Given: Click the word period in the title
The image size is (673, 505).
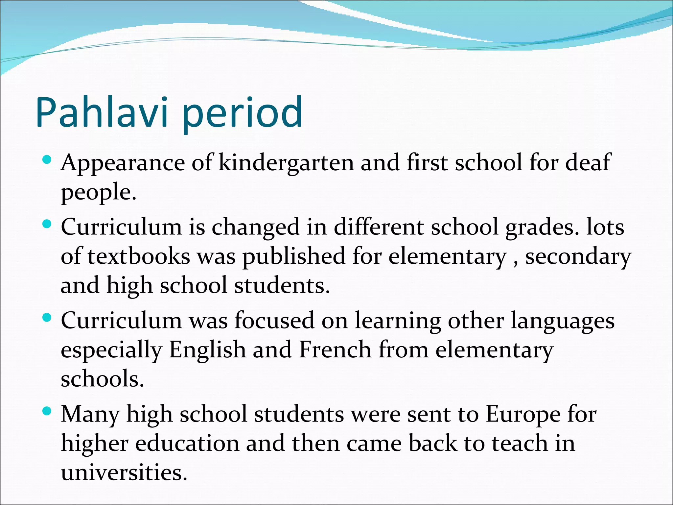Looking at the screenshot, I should (242, 113).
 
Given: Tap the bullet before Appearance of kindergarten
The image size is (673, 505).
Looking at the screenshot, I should (47, 160).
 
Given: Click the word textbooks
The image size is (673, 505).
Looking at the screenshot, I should (139, 256).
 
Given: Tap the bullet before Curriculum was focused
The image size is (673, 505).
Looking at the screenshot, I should (47, 318).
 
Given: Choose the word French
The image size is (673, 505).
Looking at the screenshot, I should (335, 349).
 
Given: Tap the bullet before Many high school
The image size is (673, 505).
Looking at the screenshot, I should (47, 411).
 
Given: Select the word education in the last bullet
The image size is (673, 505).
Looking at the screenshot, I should (187, 444).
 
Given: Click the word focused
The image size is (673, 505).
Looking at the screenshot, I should (274, 321).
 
